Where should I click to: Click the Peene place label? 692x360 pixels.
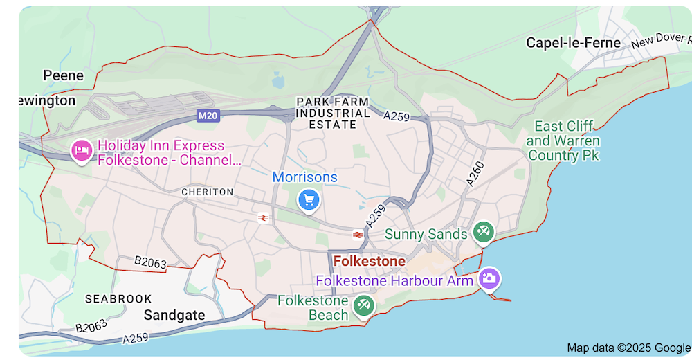63,75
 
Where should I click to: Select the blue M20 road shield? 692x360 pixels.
208,116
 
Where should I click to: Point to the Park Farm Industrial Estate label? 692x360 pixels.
333,113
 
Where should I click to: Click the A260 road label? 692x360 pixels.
475,174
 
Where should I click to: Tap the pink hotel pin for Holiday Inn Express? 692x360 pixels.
82,150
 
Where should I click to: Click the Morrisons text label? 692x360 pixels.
305,177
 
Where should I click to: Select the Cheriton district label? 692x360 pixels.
208,191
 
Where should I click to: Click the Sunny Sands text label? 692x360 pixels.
426,235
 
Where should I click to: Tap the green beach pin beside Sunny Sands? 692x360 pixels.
483,232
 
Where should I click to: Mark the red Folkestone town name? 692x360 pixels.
370,261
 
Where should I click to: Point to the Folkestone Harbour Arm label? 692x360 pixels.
394,281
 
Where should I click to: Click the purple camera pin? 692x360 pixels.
489,279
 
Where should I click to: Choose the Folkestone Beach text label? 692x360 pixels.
313,308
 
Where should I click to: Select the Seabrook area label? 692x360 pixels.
118,299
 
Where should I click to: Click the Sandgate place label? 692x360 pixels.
174,316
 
